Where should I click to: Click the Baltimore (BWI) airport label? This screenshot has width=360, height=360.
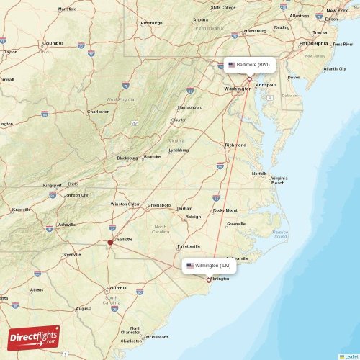[x=249, y=65]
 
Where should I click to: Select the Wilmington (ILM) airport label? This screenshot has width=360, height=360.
[x=209, y=266]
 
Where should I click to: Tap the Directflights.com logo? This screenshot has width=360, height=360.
[x=34, y=337]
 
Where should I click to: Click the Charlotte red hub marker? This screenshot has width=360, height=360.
[x=110, y=243]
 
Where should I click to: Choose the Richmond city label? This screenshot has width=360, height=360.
[x=235, y=145]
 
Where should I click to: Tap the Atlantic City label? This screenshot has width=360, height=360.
[x=335, y=68]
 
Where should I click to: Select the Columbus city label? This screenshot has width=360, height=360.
[x=53, y=43]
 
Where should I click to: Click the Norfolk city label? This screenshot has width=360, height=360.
[x=258, y=174]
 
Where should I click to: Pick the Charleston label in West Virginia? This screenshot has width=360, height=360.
[x=99, y=112]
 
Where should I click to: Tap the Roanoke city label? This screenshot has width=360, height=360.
[x=152, y=156]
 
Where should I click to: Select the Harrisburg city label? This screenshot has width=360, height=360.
[x=256, y=32]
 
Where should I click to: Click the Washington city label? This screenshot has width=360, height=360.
[x=238, y=89]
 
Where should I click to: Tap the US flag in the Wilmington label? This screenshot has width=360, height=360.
[x=190, y=266]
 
